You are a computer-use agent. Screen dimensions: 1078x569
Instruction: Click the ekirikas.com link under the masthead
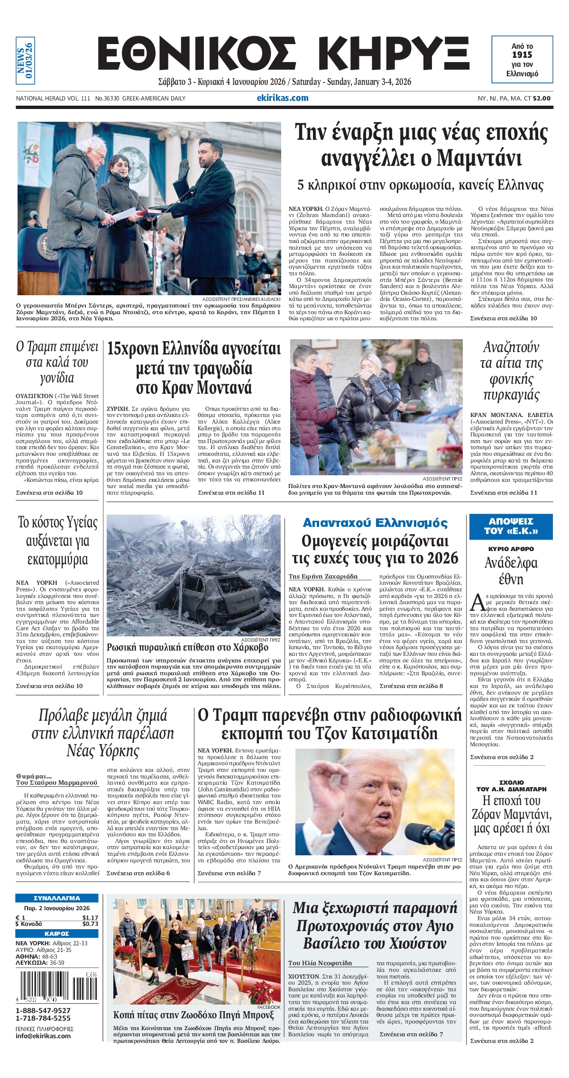click(282, 98)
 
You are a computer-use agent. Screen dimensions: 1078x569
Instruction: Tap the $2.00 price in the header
click(541, 99)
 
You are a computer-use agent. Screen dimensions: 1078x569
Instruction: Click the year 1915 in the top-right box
click(522, 55)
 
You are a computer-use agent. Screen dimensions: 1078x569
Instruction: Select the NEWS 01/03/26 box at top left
click(25, 61)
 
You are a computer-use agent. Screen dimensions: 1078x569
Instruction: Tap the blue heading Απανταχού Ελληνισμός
click(375, 523)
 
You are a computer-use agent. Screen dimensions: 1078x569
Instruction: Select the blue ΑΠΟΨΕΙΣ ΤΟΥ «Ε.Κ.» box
click(511, 526)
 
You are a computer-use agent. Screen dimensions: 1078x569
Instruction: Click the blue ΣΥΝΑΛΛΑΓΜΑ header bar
click(57, 898)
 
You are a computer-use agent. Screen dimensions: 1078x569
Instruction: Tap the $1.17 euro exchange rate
click(90, 917)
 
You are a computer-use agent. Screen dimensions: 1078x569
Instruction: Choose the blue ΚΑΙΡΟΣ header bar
click(57, 933)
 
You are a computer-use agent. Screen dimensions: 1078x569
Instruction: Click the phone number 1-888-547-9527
click(43, 1010)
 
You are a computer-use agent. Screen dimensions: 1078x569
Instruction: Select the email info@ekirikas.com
click(43, 1035)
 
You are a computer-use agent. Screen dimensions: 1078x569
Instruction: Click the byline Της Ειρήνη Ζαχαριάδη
click(323, 576)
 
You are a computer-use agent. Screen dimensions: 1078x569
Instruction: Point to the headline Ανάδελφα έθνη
click(511, 571)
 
